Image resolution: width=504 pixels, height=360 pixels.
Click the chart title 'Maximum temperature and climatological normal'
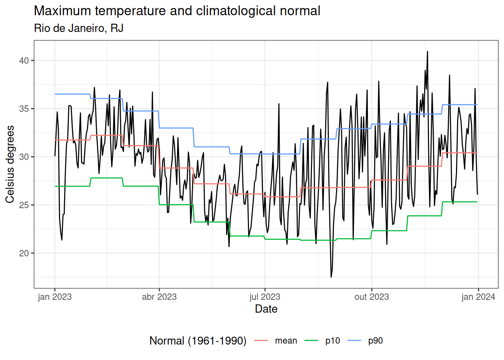tap(177, 11)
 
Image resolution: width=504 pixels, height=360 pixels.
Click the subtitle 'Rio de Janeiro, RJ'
tap(79, 28)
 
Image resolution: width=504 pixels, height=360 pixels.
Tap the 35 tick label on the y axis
tap(24, 109)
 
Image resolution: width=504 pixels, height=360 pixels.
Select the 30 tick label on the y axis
tap(24, 157)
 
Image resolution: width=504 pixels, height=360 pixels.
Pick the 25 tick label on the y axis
tap(24, 205)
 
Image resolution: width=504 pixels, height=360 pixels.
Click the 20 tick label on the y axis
tap(24, 253)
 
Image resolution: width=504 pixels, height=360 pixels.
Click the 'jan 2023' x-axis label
tap(55, 297)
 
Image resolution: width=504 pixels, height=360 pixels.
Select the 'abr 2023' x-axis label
tap(159, 297)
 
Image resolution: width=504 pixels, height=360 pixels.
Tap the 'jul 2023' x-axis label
tap(265, 297)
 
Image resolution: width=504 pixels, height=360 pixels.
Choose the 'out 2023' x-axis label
tap(372, 297)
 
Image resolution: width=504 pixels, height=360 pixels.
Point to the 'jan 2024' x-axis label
tap(478, 297)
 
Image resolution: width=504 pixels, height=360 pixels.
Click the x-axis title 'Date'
tap(266, 309)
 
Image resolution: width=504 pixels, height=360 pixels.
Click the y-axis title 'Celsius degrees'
tap(10, 164)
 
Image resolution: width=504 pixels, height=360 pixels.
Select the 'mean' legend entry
tap(286, 340)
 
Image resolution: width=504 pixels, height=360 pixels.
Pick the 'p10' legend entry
tap(333, 340)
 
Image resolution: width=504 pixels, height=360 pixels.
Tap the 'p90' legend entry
tap(375, 340)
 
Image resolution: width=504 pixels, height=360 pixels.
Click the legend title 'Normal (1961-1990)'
tap(198, 340)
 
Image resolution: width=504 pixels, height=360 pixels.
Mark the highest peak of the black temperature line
tap(427, 52)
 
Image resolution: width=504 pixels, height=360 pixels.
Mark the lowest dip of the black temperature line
tap(331, 277)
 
